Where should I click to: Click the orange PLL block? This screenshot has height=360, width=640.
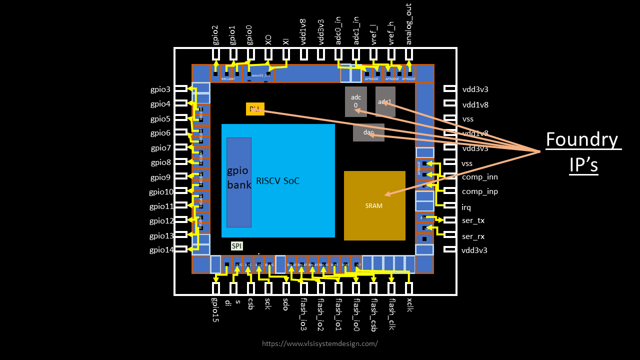255,109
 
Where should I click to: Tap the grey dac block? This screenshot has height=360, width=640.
368,132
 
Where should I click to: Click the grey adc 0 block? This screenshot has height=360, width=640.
355,101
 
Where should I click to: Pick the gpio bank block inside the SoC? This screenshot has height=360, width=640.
238,182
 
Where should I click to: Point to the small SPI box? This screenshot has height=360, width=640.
236,246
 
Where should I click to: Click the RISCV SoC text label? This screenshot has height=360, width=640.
278,181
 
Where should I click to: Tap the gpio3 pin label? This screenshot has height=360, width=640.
160,89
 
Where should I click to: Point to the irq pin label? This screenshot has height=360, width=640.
466,207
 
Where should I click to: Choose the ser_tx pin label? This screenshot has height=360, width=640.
473,220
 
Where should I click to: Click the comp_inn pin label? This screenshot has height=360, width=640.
479,177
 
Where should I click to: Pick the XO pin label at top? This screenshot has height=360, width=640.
268,40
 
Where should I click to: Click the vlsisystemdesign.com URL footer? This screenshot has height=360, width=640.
320,343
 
